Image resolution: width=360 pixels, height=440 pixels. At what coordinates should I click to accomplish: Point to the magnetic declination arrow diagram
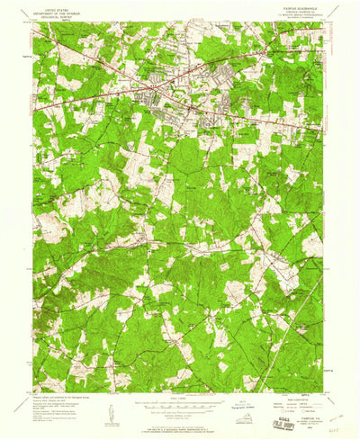click(112, 410)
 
